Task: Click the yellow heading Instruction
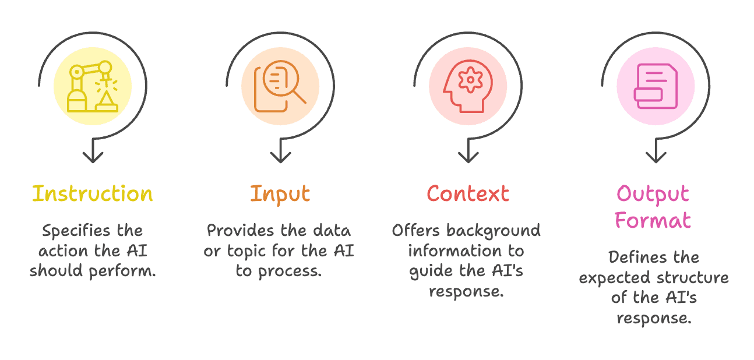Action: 93,193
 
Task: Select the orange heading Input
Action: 280,195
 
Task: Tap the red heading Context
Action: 468,193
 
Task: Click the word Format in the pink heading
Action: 653,220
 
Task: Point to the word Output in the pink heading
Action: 653,195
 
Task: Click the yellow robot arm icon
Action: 93,86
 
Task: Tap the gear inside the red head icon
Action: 470,80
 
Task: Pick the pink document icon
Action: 656,86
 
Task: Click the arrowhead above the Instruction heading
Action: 93,157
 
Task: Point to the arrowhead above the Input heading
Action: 280,157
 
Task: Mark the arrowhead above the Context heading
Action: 468,157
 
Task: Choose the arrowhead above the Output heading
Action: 656,157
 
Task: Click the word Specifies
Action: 76,231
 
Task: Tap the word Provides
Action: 240,231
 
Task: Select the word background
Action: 494,231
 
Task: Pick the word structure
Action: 692,278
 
